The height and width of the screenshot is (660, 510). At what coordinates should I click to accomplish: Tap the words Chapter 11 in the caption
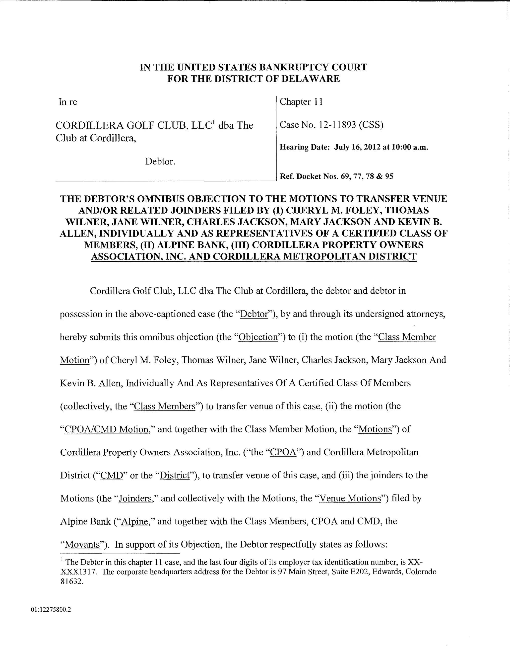click(x=301, y=102)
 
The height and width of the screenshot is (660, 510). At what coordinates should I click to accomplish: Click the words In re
click(x=68, y=102)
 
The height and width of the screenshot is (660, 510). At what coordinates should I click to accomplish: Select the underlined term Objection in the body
click(x=258, y=337)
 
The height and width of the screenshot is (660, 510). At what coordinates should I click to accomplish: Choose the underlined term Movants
click(x=82, y=544)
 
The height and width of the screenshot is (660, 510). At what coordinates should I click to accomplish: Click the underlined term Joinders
click(x=135, y=498)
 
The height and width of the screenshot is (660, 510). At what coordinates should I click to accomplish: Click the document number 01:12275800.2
click(x=51, y=610)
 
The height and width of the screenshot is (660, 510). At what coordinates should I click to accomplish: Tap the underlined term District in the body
click(x=174, y=475)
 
